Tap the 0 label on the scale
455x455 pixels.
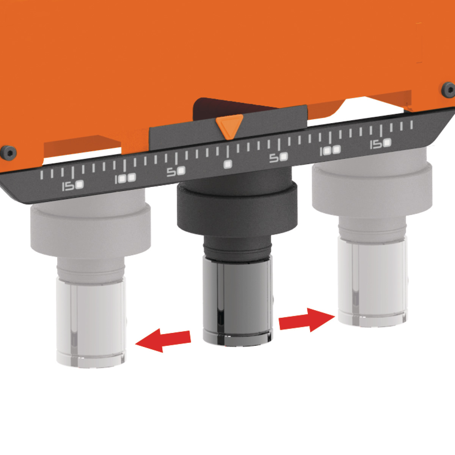tap(228, 164)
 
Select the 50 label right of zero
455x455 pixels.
tap(279, 157)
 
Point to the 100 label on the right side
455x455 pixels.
tap(330, 151)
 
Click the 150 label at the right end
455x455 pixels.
tap(380, 144)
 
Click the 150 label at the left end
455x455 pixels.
tap(73, 185)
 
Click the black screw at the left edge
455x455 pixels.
tap(8, 152)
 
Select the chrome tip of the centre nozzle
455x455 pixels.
tap(238, 302)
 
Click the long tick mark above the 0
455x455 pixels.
tap(228, 152)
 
